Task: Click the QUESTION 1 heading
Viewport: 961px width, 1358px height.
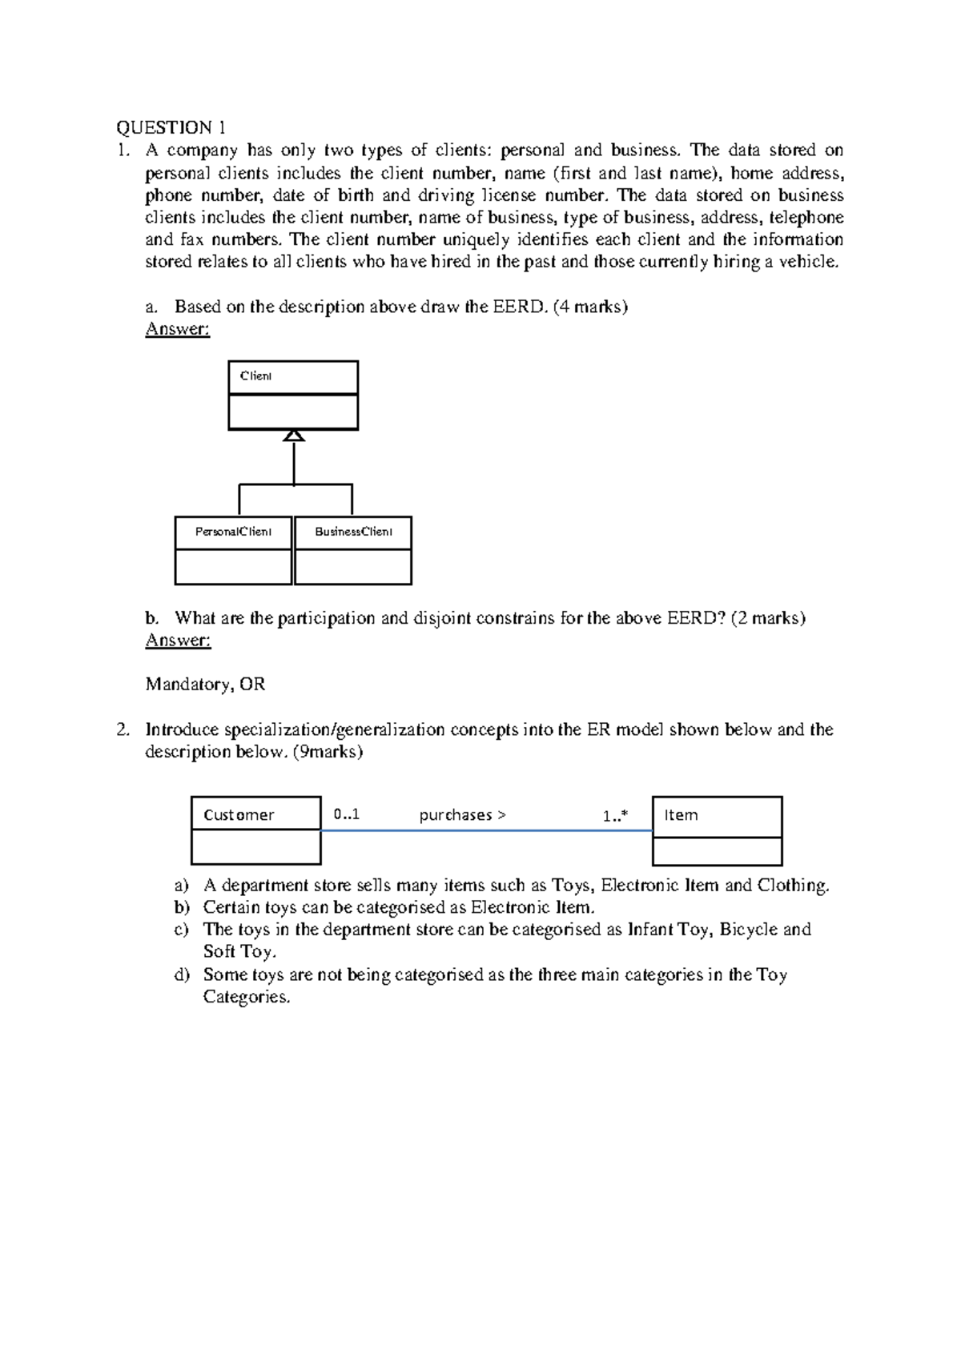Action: [x=171, y=127]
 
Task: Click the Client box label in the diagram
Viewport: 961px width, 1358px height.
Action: [x=256, y=376]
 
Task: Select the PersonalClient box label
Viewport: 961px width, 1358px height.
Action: [x=234, y=532]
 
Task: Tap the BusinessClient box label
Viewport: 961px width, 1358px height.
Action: [x=353, y=532]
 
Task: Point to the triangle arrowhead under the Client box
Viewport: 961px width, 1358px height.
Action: [x=294, y=435]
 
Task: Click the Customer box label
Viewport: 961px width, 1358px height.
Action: [x=239, y=815]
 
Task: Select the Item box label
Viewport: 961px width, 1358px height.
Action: [x=681, y=815]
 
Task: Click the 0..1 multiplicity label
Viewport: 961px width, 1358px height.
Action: [x=347, y=815]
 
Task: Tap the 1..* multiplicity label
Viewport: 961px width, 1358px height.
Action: [x=615, y=816]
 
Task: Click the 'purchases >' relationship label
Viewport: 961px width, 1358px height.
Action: [x=463, y=815]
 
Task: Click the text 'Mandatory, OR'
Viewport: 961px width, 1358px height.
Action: [x=205, y=685]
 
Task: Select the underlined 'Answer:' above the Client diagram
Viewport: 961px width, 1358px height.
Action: [x=178, y=329]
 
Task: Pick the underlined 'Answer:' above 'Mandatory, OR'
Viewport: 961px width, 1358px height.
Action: [x=178, y=641]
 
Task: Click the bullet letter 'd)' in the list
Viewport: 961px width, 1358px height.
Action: [x=182, y=974]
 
